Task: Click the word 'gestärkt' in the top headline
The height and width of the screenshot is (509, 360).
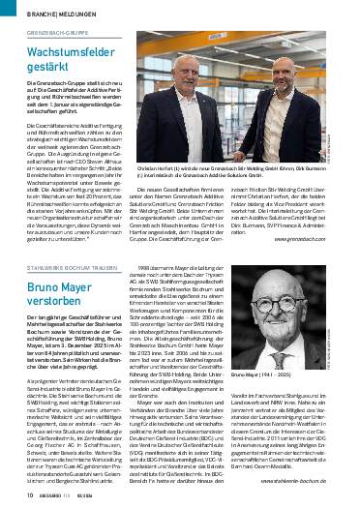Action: (38, 68)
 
